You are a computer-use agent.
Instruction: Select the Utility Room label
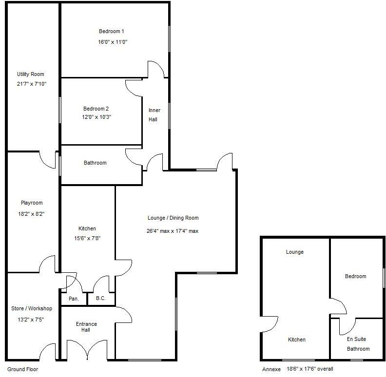(x=31, y=75)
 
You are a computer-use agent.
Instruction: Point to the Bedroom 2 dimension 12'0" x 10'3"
(x=100, y=117)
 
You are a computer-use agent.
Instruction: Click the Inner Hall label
(x=154, y=115)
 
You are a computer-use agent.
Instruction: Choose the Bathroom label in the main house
(x=95, y=163)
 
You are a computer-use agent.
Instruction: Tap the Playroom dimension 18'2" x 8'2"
(x=32, y=213)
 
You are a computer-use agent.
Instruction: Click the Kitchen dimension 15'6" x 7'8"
(x=87, y=238)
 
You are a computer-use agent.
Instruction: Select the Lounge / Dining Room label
(x=173, y=218)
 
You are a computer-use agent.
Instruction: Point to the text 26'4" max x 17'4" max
(x=173, y=231)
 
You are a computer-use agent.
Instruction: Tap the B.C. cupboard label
(x=101, y=298)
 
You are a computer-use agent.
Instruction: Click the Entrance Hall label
(x=86, y=327)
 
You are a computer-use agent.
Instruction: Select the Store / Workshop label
(x=32, y=308)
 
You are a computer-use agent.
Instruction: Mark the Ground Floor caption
(x=23, y=370)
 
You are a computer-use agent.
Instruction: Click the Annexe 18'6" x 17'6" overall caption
(x=297, y=369)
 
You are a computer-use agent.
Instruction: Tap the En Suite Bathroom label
(x=356, y=344)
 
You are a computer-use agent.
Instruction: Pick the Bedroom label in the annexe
(x=355, y=277)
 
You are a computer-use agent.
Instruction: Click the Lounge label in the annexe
(x=295, y=252)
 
